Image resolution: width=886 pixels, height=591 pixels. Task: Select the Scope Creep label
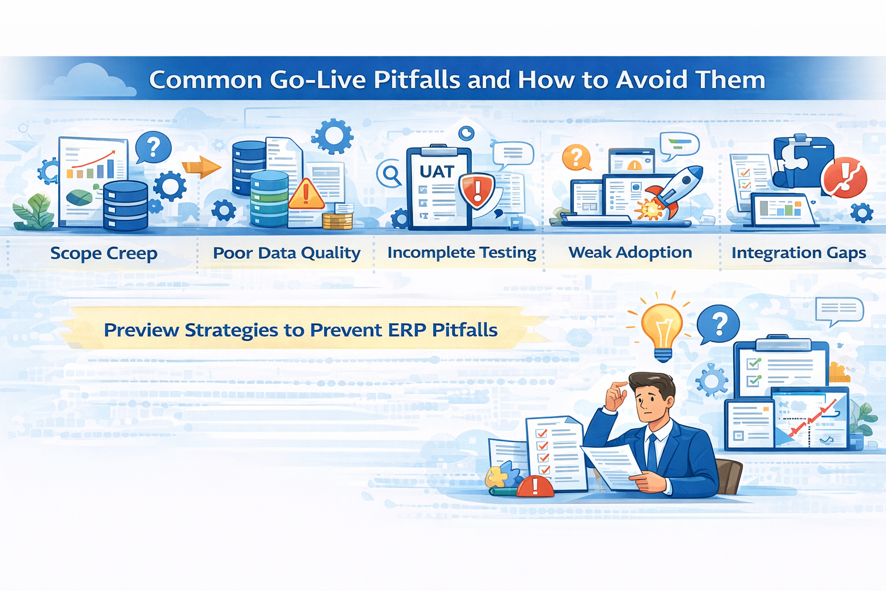[x=104, y=253]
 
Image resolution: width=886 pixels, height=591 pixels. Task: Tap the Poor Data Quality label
[x=286, y=253]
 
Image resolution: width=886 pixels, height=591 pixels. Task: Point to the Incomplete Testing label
[x=461, y=253]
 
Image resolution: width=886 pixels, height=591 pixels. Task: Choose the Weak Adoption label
[x=630, y=252]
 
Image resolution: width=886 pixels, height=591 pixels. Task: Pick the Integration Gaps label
[x=798, y=253]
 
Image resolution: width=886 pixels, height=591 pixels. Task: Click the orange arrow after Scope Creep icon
[x=201, y=167]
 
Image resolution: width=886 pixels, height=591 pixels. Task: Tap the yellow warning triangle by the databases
[x=306, y=194]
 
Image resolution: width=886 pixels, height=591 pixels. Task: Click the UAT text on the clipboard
[x=437, y=171]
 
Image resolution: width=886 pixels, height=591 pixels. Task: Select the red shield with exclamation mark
[x=476, y=190]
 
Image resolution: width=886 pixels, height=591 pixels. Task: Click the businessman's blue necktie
[x=652, y=453]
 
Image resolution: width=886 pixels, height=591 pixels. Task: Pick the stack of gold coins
[x=337, y=220]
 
